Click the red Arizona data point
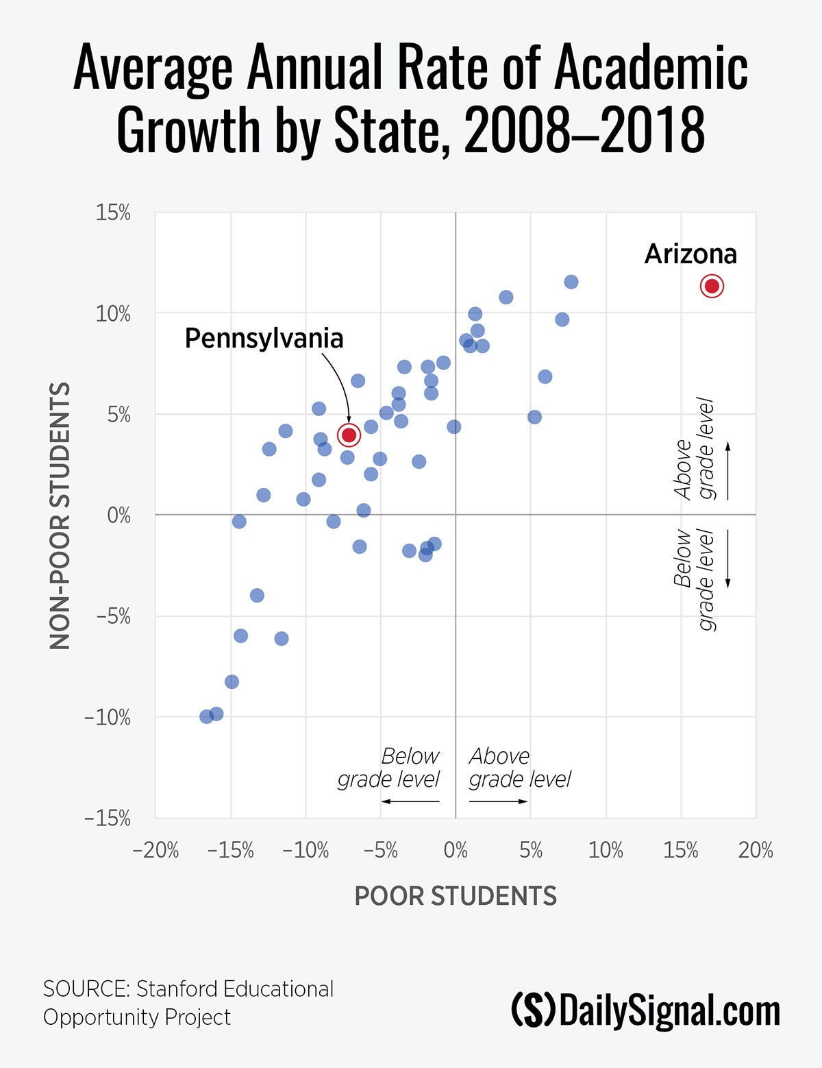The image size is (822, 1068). (712, 286)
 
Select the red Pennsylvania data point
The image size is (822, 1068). (349, 435)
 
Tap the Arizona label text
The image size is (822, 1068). (690, 254)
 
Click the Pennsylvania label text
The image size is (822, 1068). (264, 338)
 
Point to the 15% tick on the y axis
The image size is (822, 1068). (113, 213)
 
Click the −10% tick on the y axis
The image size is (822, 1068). (108, 718)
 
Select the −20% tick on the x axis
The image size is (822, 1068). (155, 851)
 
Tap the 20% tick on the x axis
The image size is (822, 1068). (756, 851)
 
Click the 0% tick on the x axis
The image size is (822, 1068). (456, 851)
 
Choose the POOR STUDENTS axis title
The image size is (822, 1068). (456, 896)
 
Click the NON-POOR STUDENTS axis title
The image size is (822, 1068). (60, 515)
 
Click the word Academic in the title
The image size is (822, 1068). (651, 68)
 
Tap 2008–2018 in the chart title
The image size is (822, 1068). (584, 130)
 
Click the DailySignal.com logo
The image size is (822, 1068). (645, 1011)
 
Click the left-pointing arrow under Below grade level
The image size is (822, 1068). (410, 801)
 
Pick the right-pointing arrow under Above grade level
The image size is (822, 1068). (498, 801)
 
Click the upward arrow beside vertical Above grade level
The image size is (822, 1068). (728, 470)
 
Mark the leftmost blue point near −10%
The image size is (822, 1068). (206, 716)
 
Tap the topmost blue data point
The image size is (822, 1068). (571, 282)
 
